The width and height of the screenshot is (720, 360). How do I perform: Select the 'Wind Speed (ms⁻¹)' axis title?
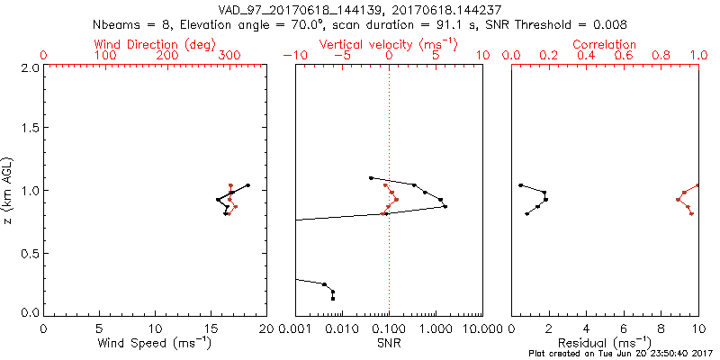[x=155, y=344]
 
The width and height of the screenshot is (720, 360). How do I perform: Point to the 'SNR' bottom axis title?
[x=389, y=344]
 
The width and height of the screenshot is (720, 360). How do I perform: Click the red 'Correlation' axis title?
[x=605, y=44]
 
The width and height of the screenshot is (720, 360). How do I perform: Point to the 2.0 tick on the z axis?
[x=31, y=67]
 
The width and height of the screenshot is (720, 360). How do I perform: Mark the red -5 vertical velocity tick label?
[x=339, y=56]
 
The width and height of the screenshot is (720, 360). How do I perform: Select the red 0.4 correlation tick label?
[x=587, y=56]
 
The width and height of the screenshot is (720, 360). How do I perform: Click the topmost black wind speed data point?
[x=247, y=185]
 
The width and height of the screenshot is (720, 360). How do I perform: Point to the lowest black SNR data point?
[x=333, y=298]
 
